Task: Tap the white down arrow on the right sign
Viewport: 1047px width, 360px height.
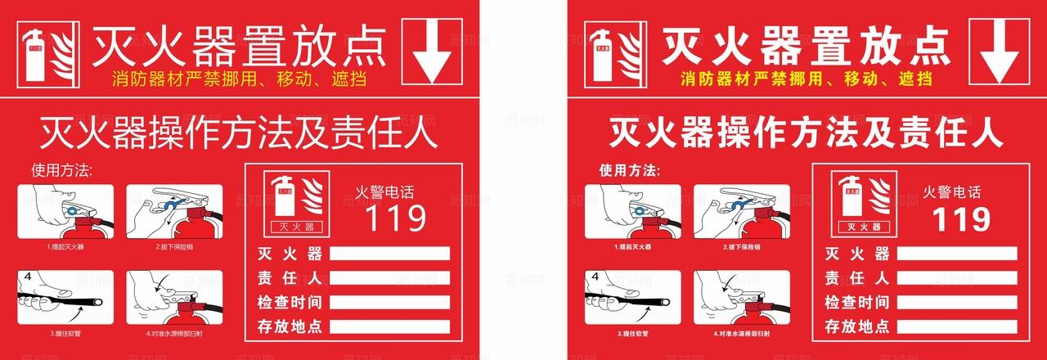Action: pos(998,51)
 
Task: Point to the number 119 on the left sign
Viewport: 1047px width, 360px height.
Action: pos(395,218)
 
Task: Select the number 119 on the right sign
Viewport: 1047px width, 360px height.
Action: pos(962,218)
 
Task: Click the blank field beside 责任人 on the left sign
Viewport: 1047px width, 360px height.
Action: pos(389,277)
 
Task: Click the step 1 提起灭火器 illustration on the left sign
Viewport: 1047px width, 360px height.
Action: pos(65,211)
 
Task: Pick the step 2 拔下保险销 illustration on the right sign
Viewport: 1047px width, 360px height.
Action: pos(742,211)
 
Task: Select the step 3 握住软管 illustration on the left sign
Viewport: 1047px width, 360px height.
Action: pos(65,298)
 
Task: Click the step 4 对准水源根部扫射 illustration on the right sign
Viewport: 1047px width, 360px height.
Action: pos(742,298)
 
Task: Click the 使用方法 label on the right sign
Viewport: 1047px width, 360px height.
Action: pos(628,171)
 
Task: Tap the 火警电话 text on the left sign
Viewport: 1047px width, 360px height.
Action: pos(384,193)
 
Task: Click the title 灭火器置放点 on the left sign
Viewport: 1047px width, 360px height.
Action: pos(239,46)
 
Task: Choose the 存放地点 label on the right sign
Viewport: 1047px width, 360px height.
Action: pos(856,326)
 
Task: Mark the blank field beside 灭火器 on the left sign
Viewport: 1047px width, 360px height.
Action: pos(389,254)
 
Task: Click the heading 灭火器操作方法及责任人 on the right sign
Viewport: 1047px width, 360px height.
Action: pos(807,132)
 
